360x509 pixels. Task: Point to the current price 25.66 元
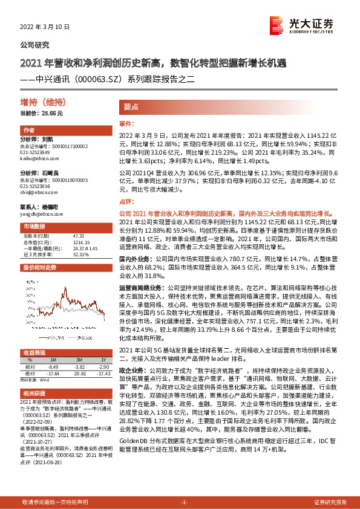click(42, 113)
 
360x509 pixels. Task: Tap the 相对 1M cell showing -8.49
click(54, 367)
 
